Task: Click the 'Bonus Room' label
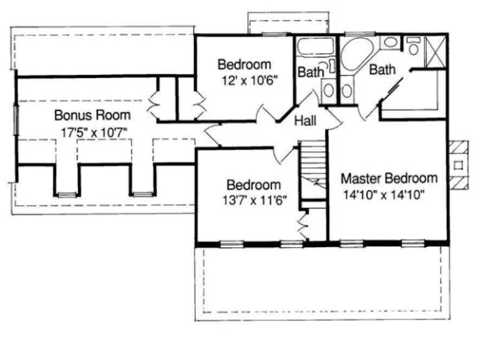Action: (92, 115)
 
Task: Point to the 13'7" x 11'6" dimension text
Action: (254, 200)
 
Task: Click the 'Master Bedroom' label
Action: (389, 178)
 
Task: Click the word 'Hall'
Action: (306, 120)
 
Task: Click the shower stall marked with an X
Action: (435, 52)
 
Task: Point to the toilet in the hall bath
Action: (331, 67)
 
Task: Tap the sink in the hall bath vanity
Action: (329, 90)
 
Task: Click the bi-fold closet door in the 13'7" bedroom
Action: (302, 223)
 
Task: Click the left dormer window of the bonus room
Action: (66, 194)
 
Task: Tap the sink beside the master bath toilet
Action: (389, 42)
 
